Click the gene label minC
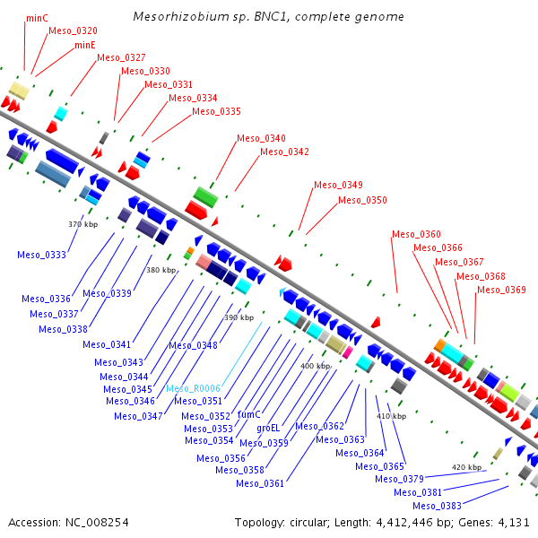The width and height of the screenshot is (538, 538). pyautogui.click(x=37, y=17)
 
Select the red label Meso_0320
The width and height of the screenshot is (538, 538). pyautogui.click(x=73, y=30)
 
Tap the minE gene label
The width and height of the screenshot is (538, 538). pyautogui.click(x=85, y=44)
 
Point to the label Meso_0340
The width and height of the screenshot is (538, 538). pyautogui.click(x=261, y=138)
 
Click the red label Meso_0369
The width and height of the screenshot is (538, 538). pyautogui.click(x=501, y=290)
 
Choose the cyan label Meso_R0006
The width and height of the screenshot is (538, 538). pyautogui.click(x=193, y=389)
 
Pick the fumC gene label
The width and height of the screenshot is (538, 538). pyautogui.click(x=248, y=415)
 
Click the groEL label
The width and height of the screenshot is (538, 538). pyautogui.click(x=268, y=429)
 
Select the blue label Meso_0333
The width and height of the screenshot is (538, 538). pyautogui.click(x=41, y=255)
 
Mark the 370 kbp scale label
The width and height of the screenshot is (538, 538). pyautogui.click(x=83, y=224)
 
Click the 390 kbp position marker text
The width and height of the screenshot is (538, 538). pyautogui.click(x=239, y=317)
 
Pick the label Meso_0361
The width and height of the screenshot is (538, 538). pyautogui.click(x=260, y=483)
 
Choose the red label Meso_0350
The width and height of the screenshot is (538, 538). pyautogui.click(x=362, y=200)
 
